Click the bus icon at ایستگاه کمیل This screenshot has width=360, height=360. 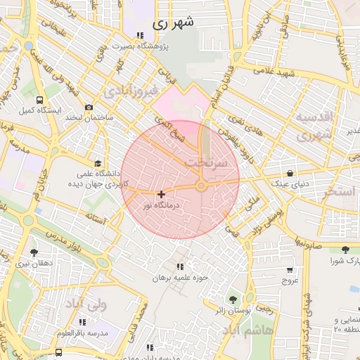(x=39, y=100)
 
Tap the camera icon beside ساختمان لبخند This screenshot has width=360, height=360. (x=89, y=107)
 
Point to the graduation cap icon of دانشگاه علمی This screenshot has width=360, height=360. (x=96, y=162)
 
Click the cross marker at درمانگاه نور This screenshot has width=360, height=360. (x=162, y=193)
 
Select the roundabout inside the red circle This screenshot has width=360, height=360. (x=201, y=186)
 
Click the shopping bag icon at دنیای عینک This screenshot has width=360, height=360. (x=290, y=173)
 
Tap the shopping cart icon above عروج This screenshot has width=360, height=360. (x=290, y=269)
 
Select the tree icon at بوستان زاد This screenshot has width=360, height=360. (x=233, y=299)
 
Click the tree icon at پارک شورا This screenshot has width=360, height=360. (x=345, y=250)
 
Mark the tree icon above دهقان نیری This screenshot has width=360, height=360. (x=33, y=252)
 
